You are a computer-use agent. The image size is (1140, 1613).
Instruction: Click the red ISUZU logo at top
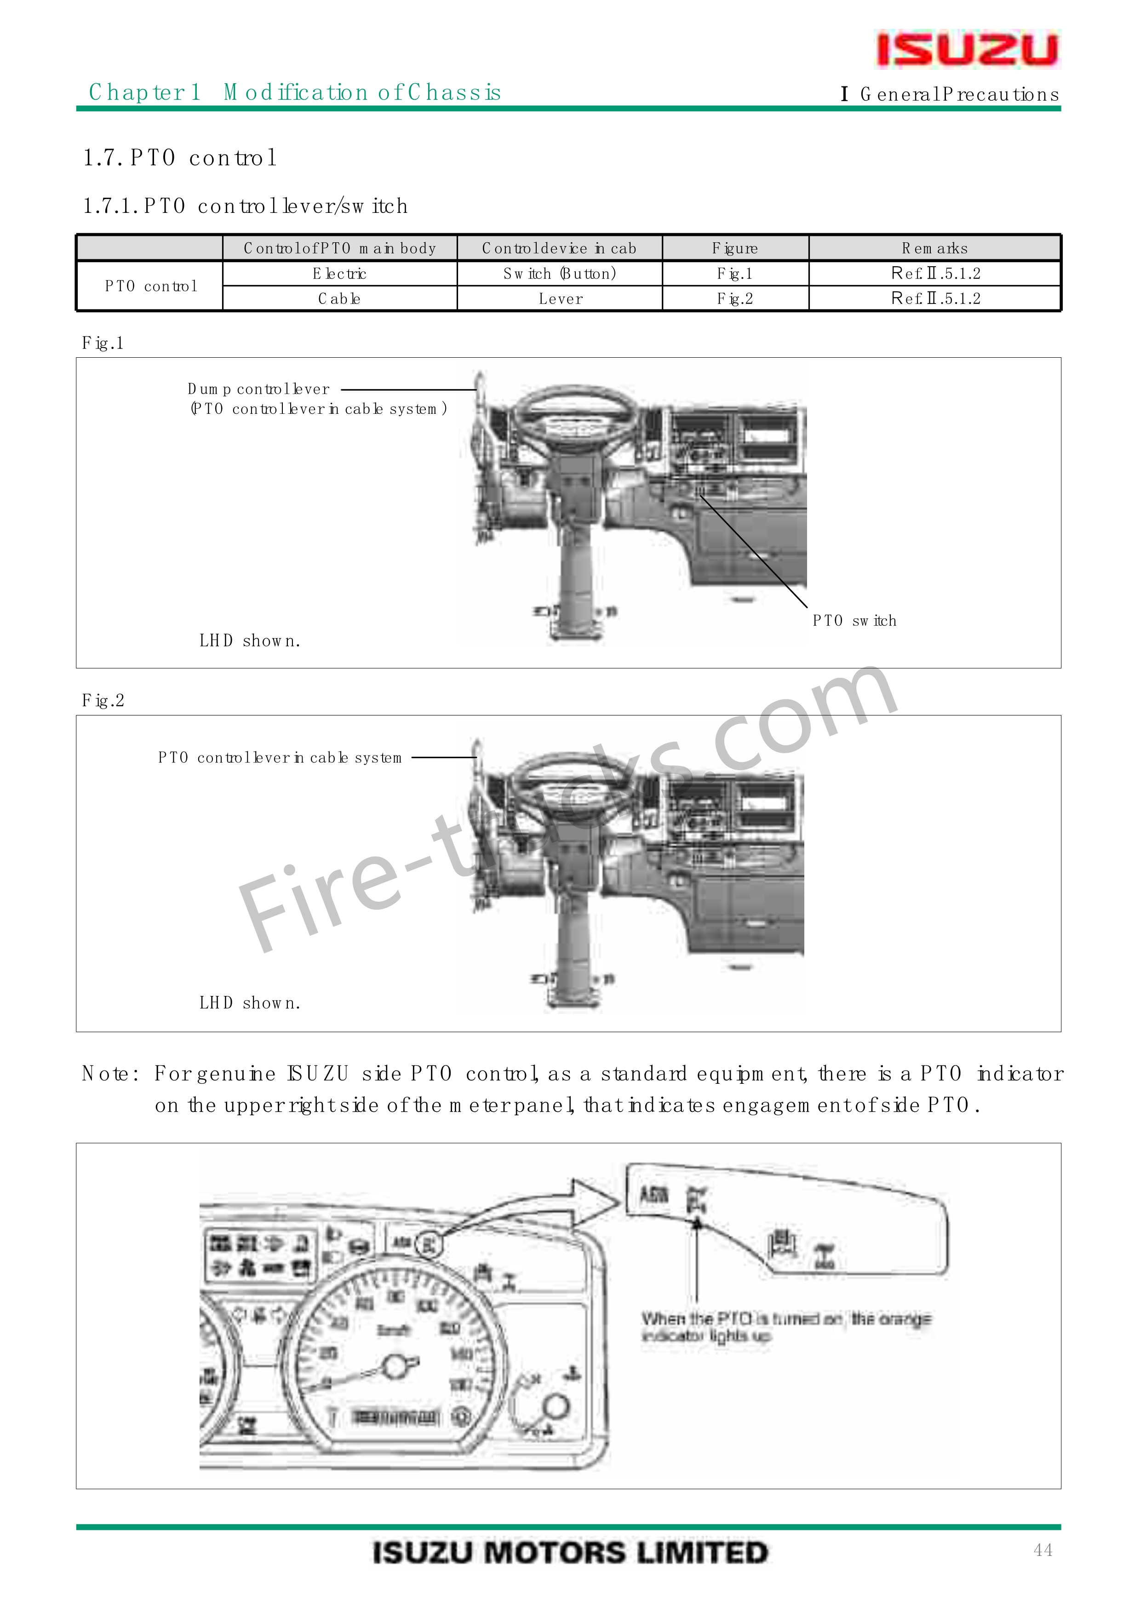967,49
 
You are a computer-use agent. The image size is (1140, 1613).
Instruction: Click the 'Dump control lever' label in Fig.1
258,389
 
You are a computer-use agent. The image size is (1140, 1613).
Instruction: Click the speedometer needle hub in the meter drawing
395,1367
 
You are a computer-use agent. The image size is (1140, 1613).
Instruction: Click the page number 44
1043,1550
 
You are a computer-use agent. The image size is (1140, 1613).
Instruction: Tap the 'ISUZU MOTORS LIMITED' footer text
570,1553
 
